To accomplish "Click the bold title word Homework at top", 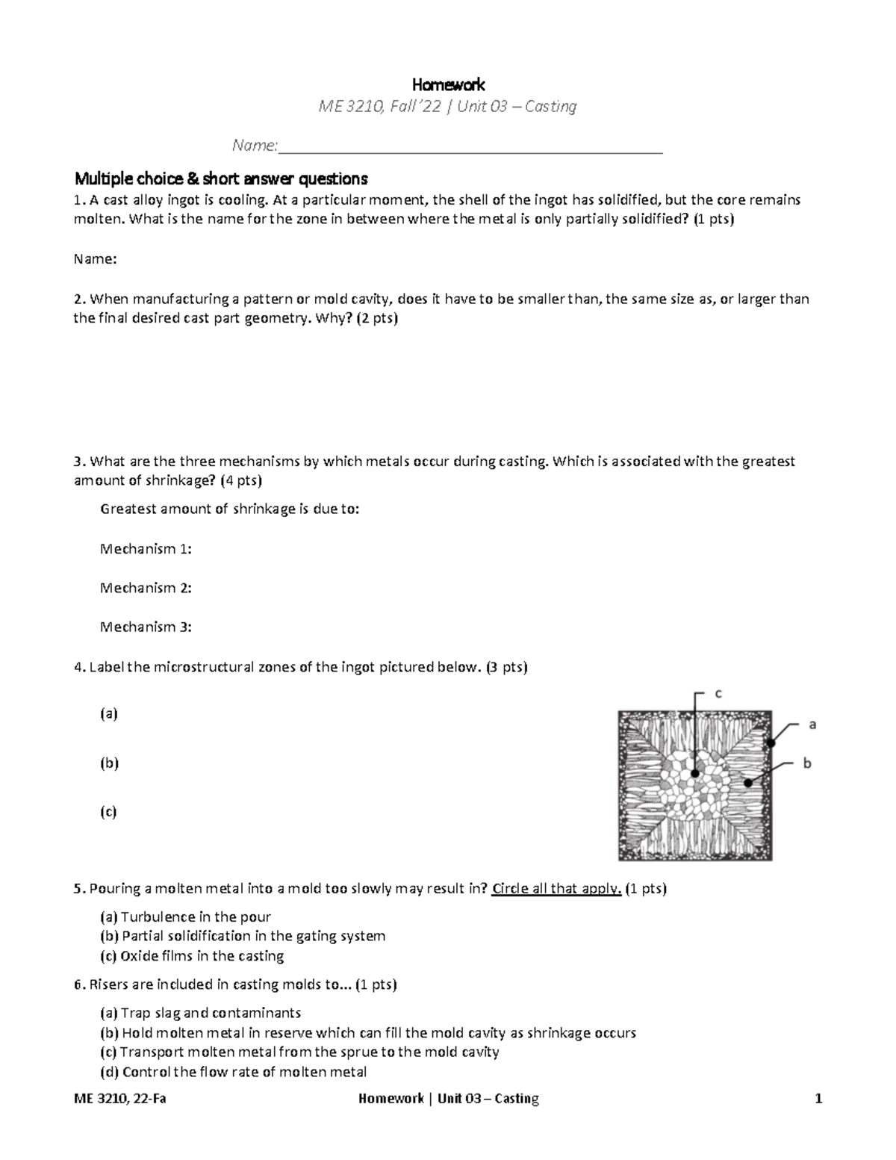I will (449, 84).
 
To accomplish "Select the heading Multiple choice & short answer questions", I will (221, 179).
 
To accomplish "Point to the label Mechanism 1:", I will (146, 549).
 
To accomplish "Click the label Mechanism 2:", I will (146, 588).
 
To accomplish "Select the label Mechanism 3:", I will (146, 627).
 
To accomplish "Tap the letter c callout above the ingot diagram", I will (718, 693).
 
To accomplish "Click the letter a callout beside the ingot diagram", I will (812, 724).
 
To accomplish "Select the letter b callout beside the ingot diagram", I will (806, 763).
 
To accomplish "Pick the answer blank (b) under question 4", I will (109, 763).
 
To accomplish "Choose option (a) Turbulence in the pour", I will (185, 917).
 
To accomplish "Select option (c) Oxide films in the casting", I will (192, 956).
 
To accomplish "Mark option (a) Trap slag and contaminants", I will (200, 1014).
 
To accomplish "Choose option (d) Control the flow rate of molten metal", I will (233, 1073).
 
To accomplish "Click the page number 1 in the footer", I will (818, 1099).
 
